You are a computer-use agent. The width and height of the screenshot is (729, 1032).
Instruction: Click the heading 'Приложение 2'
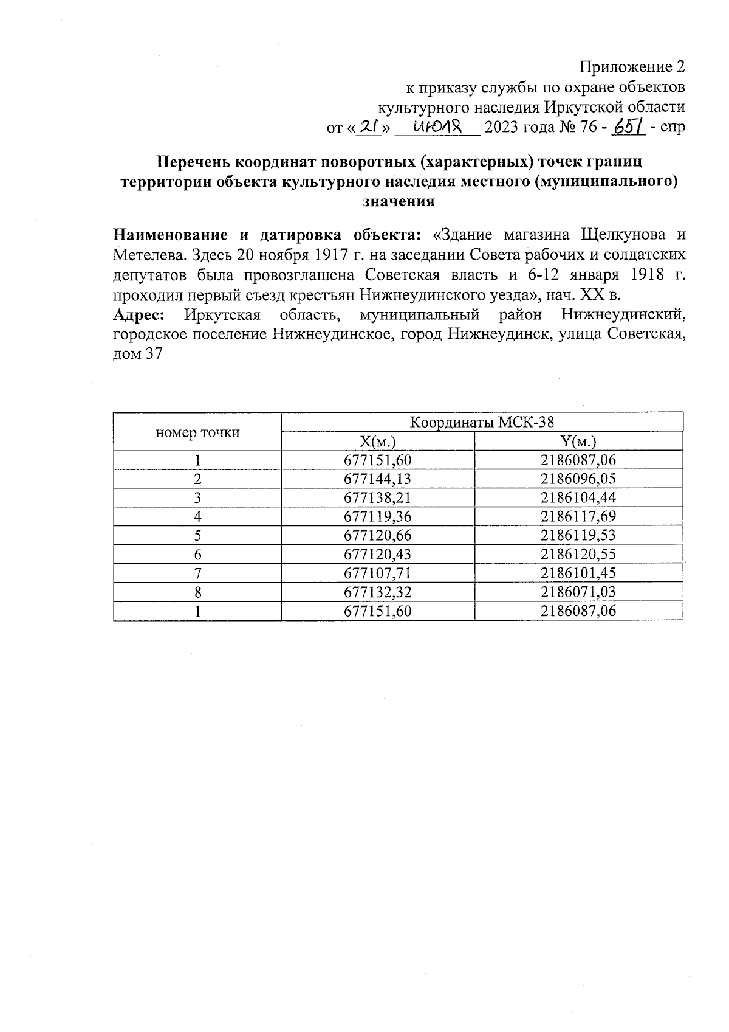click(632, 66)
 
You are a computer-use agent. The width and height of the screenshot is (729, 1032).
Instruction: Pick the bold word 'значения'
click(398, 201)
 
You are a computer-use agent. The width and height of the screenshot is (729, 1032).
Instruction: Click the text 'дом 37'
click(138, 354)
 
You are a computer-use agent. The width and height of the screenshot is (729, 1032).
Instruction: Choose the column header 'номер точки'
click(197, 432)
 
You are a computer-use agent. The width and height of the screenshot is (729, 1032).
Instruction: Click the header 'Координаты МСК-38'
click(482, 422)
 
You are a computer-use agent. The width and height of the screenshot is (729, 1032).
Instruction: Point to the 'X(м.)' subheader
click(378, 442)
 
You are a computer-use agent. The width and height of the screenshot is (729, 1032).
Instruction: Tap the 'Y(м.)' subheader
click(578, 442)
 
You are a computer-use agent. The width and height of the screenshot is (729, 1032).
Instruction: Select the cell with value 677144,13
click(378, 479)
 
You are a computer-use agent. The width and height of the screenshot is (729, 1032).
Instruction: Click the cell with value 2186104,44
click(578, 498)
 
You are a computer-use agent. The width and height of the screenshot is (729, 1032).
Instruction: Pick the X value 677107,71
click(378, 573)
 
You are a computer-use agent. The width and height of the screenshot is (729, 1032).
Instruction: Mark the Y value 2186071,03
click(578, 592)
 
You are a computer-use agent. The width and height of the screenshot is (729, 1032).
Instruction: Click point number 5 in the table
click(197, 536)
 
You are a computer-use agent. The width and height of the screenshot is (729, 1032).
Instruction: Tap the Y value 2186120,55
click(578, 555)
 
